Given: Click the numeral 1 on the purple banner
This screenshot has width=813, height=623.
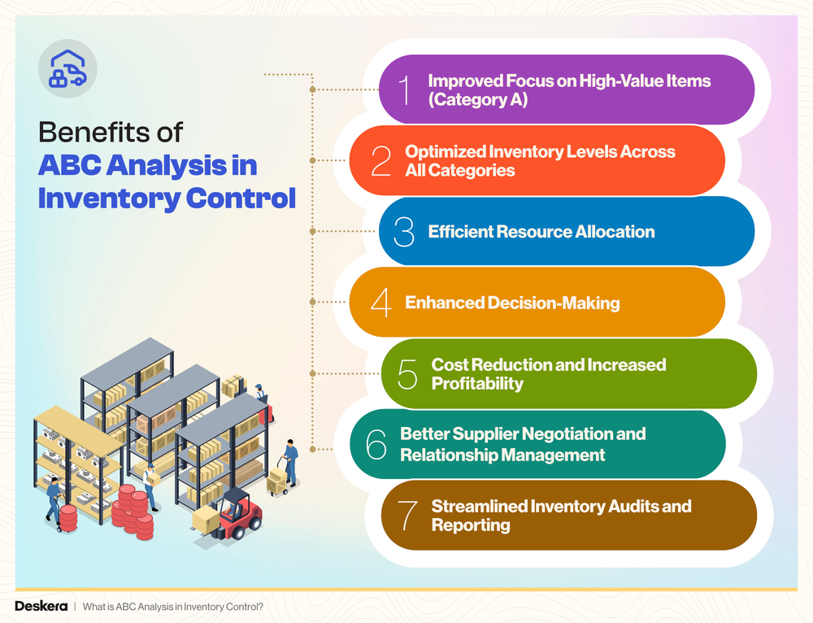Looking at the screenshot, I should click(x=405, y=89).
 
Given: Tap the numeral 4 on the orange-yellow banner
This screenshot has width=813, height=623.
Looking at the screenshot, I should click(x=380, y=303).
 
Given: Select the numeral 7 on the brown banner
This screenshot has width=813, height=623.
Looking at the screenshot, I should click(x=408, y=516).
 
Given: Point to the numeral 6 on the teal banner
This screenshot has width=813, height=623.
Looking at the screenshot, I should click(x=376, y=444).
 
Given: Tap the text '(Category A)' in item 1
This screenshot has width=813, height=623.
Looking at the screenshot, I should click(x=478, y=100).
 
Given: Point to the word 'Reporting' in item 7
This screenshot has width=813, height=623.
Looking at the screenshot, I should click(x=471, y=525).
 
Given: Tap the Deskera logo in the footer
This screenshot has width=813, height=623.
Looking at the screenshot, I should click(x=41, y=606).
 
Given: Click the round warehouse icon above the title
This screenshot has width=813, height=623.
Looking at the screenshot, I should click(x=68, y=68).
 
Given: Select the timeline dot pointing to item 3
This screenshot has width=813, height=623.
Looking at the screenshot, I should click(x=313, y=232).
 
